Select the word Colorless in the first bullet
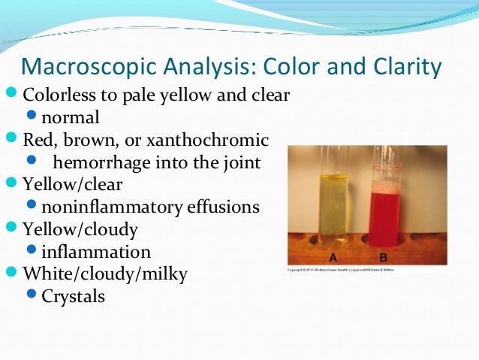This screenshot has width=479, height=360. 60,96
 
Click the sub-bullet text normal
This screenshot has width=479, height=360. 70,118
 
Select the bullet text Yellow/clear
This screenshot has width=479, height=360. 72,183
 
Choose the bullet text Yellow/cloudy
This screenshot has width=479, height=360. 80,228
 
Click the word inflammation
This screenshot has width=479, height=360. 95,251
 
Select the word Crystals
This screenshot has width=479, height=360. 73,296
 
